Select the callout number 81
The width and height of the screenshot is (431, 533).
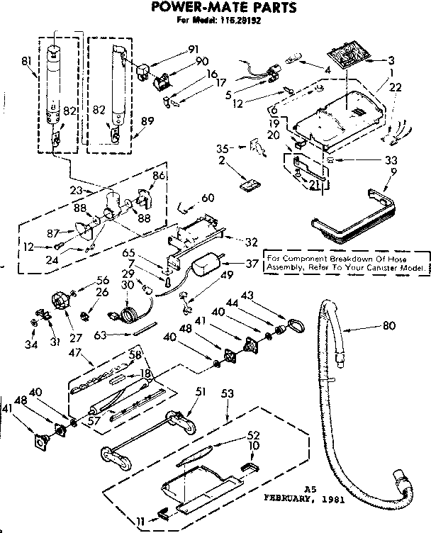(x=26, y=62)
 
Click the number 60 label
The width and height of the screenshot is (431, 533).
(x=208, y=198)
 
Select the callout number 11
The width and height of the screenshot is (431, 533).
(x=140, y=521)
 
